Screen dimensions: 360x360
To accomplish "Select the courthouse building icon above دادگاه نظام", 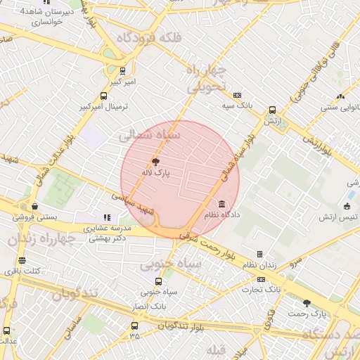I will (x=222, y=204).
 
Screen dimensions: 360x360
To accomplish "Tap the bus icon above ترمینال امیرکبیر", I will (x=104, y=96).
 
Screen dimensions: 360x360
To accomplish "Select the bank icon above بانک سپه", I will (x=238, y=95).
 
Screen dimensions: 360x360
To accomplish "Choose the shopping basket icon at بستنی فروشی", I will (x=34, y=207).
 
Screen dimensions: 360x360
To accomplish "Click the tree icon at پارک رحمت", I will (x=306, y=303).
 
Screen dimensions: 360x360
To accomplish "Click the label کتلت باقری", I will (x=22, y=271).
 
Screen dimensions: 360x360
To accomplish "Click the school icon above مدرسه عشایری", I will (x=107, y=218).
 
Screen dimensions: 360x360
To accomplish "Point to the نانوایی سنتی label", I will (x=340, y=108).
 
